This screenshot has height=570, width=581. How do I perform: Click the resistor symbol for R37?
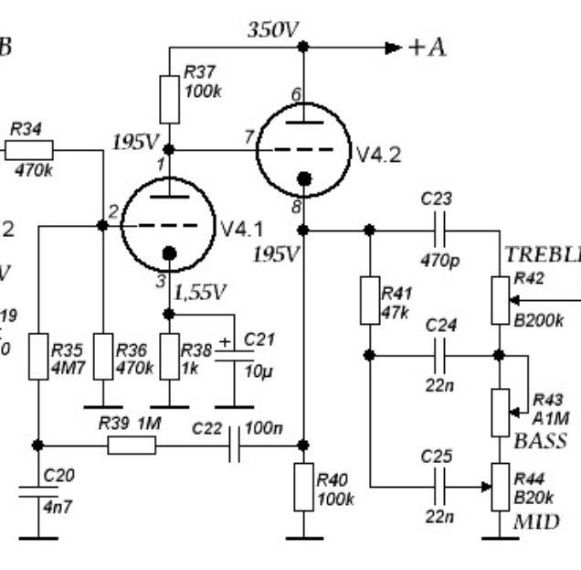pos(170,100)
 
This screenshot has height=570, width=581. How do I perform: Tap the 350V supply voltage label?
pos(273,30)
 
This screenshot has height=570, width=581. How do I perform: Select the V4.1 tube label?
pos(241,226)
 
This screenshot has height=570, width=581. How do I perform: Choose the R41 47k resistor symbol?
pos(370,300)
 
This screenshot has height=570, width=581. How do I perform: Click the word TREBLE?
pos(543,254)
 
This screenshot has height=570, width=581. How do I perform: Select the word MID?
pos(536,522)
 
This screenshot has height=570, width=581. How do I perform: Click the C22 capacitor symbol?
pos(235,446)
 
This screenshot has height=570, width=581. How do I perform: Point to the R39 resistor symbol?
pos(132,446)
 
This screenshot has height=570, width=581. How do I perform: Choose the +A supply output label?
pos(427,48)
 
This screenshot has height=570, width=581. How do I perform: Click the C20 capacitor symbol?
pos(37,500)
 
